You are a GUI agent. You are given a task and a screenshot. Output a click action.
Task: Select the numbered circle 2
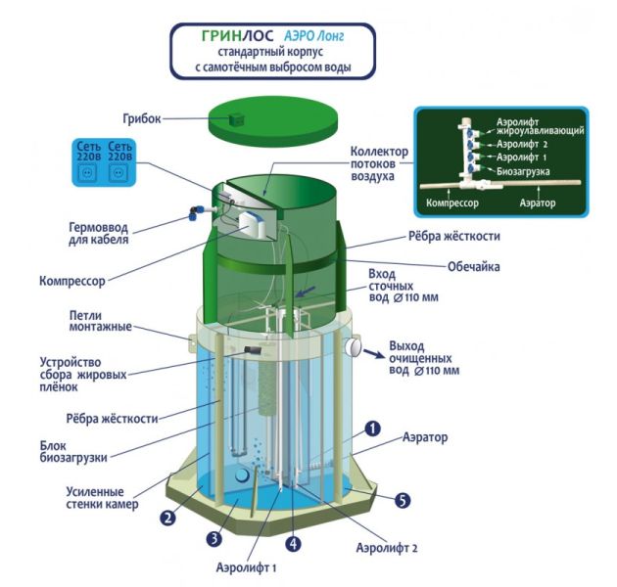point(167,518)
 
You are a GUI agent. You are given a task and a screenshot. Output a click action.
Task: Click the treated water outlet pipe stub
point(355,345)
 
